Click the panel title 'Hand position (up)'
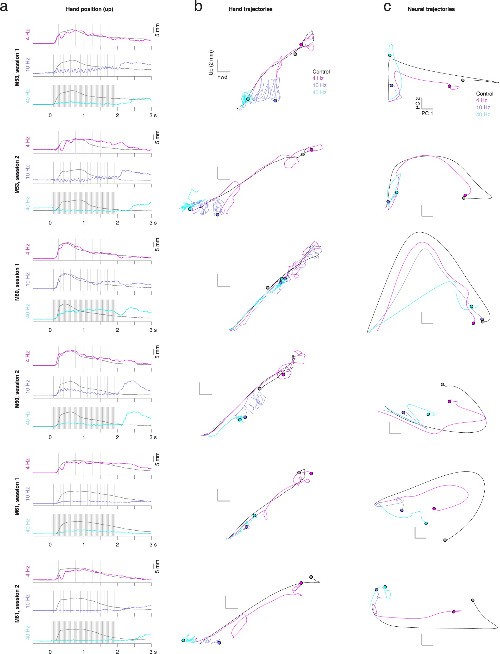[x=89, y=9]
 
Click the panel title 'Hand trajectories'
[x=250, y=9]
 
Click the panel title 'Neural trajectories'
[x=431, y=9]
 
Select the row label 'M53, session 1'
[x=17, y=67]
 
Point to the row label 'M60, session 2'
[x=17, y=389]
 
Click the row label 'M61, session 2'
[x=17, y=603]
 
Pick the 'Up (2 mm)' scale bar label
[x=211, y=63]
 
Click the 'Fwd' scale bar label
[x=222, y=77]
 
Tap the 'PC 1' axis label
[x=427, y=113]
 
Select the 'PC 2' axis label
[x=417, y=103]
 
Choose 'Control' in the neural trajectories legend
[x=485, y=94]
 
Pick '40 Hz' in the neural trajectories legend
[x=483, y=114]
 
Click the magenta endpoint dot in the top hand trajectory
[x=301, y=44]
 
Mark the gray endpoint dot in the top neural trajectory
[x=463, y=80]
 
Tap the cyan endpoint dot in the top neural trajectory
[x=390, y=55]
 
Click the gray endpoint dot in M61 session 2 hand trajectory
[x=311, y=577]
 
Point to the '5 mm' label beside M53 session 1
[x=157, y=30]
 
